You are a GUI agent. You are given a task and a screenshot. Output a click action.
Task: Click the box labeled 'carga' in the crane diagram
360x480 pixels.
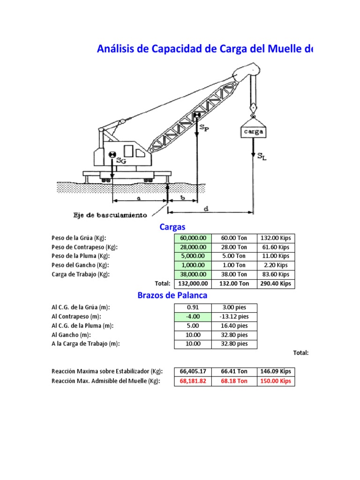pos(253,132)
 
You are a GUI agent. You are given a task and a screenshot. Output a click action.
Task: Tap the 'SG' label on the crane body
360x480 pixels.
pos(120,161)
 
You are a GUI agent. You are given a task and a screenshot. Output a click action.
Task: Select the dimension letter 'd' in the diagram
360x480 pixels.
pos(206,209)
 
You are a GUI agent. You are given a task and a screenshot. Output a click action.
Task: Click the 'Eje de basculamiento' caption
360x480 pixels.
pos(110,215)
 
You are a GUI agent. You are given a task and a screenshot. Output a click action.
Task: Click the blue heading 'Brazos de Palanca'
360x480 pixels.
pos(172,296)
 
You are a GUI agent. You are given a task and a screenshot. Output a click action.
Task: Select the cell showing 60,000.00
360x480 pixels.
pos(193,238)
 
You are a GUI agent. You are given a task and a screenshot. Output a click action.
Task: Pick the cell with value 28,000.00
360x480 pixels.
pos(193,247)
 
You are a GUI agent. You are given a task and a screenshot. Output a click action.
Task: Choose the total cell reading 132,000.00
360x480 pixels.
pos(193,284)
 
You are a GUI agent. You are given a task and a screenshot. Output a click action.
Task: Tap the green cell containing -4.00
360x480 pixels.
pos(193,316)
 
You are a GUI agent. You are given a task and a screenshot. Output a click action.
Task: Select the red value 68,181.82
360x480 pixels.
pos(193,381)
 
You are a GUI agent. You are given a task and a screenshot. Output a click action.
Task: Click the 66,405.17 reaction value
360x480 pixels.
pos(193,372)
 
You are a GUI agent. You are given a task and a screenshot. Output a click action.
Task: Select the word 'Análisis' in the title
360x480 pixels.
pos(117,49)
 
